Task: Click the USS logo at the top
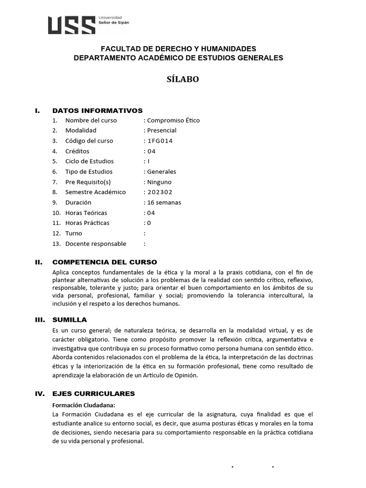[x=88, y=25]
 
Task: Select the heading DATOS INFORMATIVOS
[x=97, y=110]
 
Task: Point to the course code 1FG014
[x=160, y=141]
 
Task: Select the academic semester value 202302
[x=160, y=192]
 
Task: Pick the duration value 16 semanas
[x=164, y=202]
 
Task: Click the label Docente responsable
[x=95, y=244]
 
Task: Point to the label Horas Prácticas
[x=87, y=223]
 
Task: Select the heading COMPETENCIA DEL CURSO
[x=104, y=262]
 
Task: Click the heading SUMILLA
[x=70, y=319]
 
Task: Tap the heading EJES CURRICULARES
[x=93, y=393]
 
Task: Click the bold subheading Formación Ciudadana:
[x=84, y=405]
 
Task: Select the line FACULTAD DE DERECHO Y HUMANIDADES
[x=178, y=49]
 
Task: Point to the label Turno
[x=73, y=233]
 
